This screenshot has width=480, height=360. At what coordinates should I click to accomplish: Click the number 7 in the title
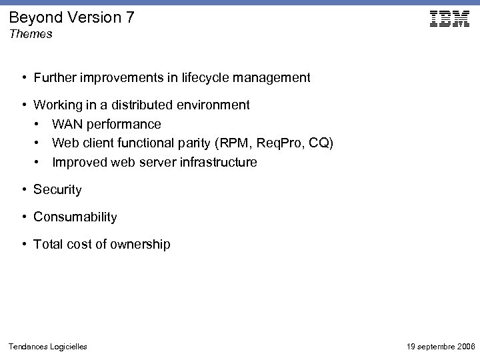tap(129, 17)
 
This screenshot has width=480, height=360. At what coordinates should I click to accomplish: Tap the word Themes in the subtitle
tap(31, 34)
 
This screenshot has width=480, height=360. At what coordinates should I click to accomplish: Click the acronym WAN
tap(67, 125)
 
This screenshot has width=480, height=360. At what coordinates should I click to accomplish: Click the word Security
tap(57, 190)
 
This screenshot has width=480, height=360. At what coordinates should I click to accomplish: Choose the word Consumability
tap(75, 217)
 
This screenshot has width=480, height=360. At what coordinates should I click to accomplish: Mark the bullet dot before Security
tap(23, 190)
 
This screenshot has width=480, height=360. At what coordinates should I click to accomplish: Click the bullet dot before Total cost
tap(23, 245)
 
